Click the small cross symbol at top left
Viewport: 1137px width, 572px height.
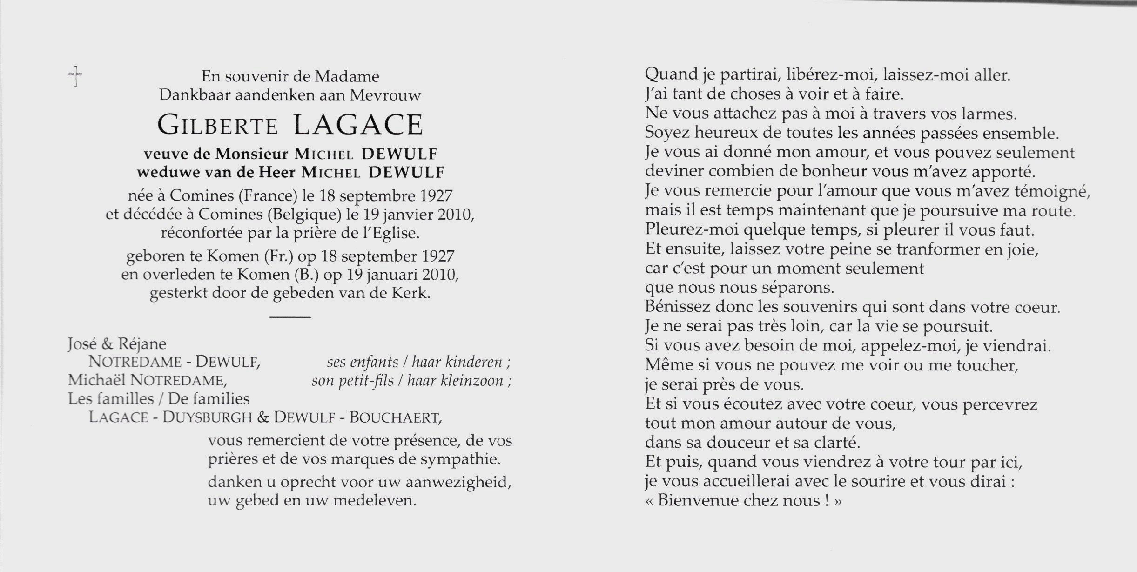pyautogui.click(x=74, y=76)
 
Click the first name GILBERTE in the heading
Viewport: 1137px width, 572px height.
pyautogui.click(x=218, y=126)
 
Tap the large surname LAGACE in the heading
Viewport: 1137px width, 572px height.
pyautogui.click(x=358, y=125)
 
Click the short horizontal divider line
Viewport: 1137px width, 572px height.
pyautogui.click(x=290, y=317)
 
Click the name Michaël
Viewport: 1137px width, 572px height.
pyautogui.click(x=97, y=380)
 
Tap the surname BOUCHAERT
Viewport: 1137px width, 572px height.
pyautogui.click(x=394, y=417)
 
